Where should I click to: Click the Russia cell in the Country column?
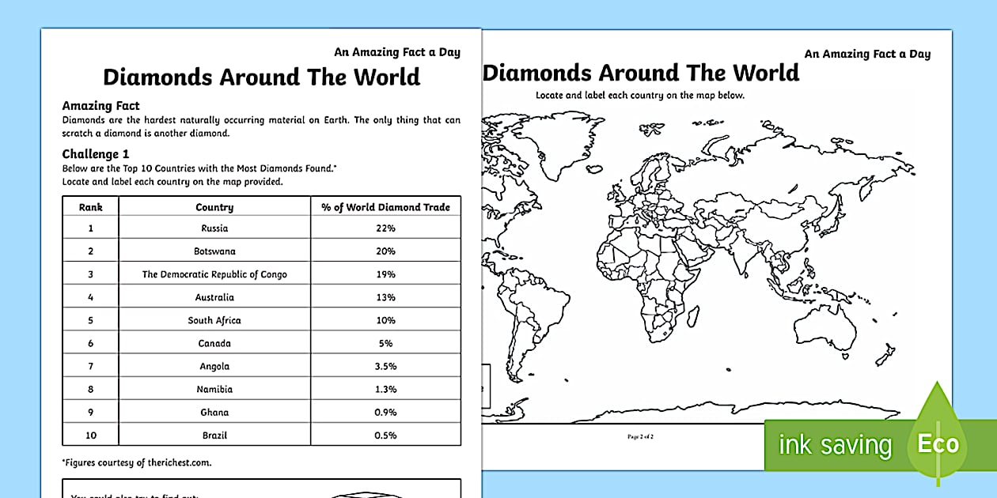point(214,228)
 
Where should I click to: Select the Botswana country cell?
point(214,251)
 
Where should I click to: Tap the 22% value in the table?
point(385,228)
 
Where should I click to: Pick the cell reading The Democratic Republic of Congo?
point(214,274)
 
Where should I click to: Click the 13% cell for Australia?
point(385,297)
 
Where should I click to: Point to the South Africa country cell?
point(214,320)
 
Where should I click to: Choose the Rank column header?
point(90,207)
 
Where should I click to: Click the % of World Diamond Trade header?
point(385,207)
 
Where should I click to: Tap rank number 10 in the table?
point(90,436)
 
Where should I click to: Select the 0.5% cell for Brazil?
point(385,436)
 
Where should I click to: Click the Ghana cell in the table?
point(214,413)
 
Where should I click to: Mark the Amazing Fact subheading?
point(100,106)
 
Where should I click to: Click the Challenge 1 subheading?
point(95,154)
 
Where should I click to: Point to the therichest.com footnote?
point(137,463)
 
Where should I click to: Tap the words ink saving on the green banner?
point(835,445)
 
